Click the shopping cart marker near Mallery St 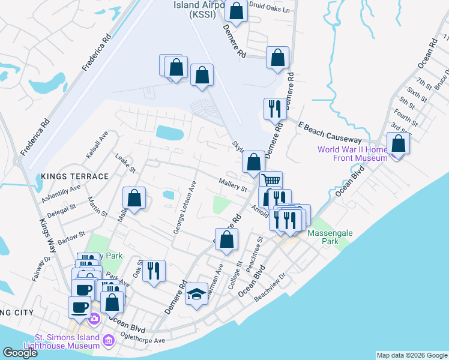[271, 180]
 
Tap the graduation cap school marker [196, 295]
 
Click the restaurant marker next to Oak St [154, 271]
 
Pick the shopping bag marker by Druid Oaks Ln [236, 10]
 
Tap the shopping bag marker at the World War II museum [398, 143]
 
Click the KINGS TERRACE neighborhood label [75, 176]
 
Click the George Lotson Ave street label [185, 208]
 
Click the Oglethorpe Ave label [143, 340]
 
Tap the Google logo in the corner [20, 353]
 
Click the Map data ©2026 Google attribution [411, 355]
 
